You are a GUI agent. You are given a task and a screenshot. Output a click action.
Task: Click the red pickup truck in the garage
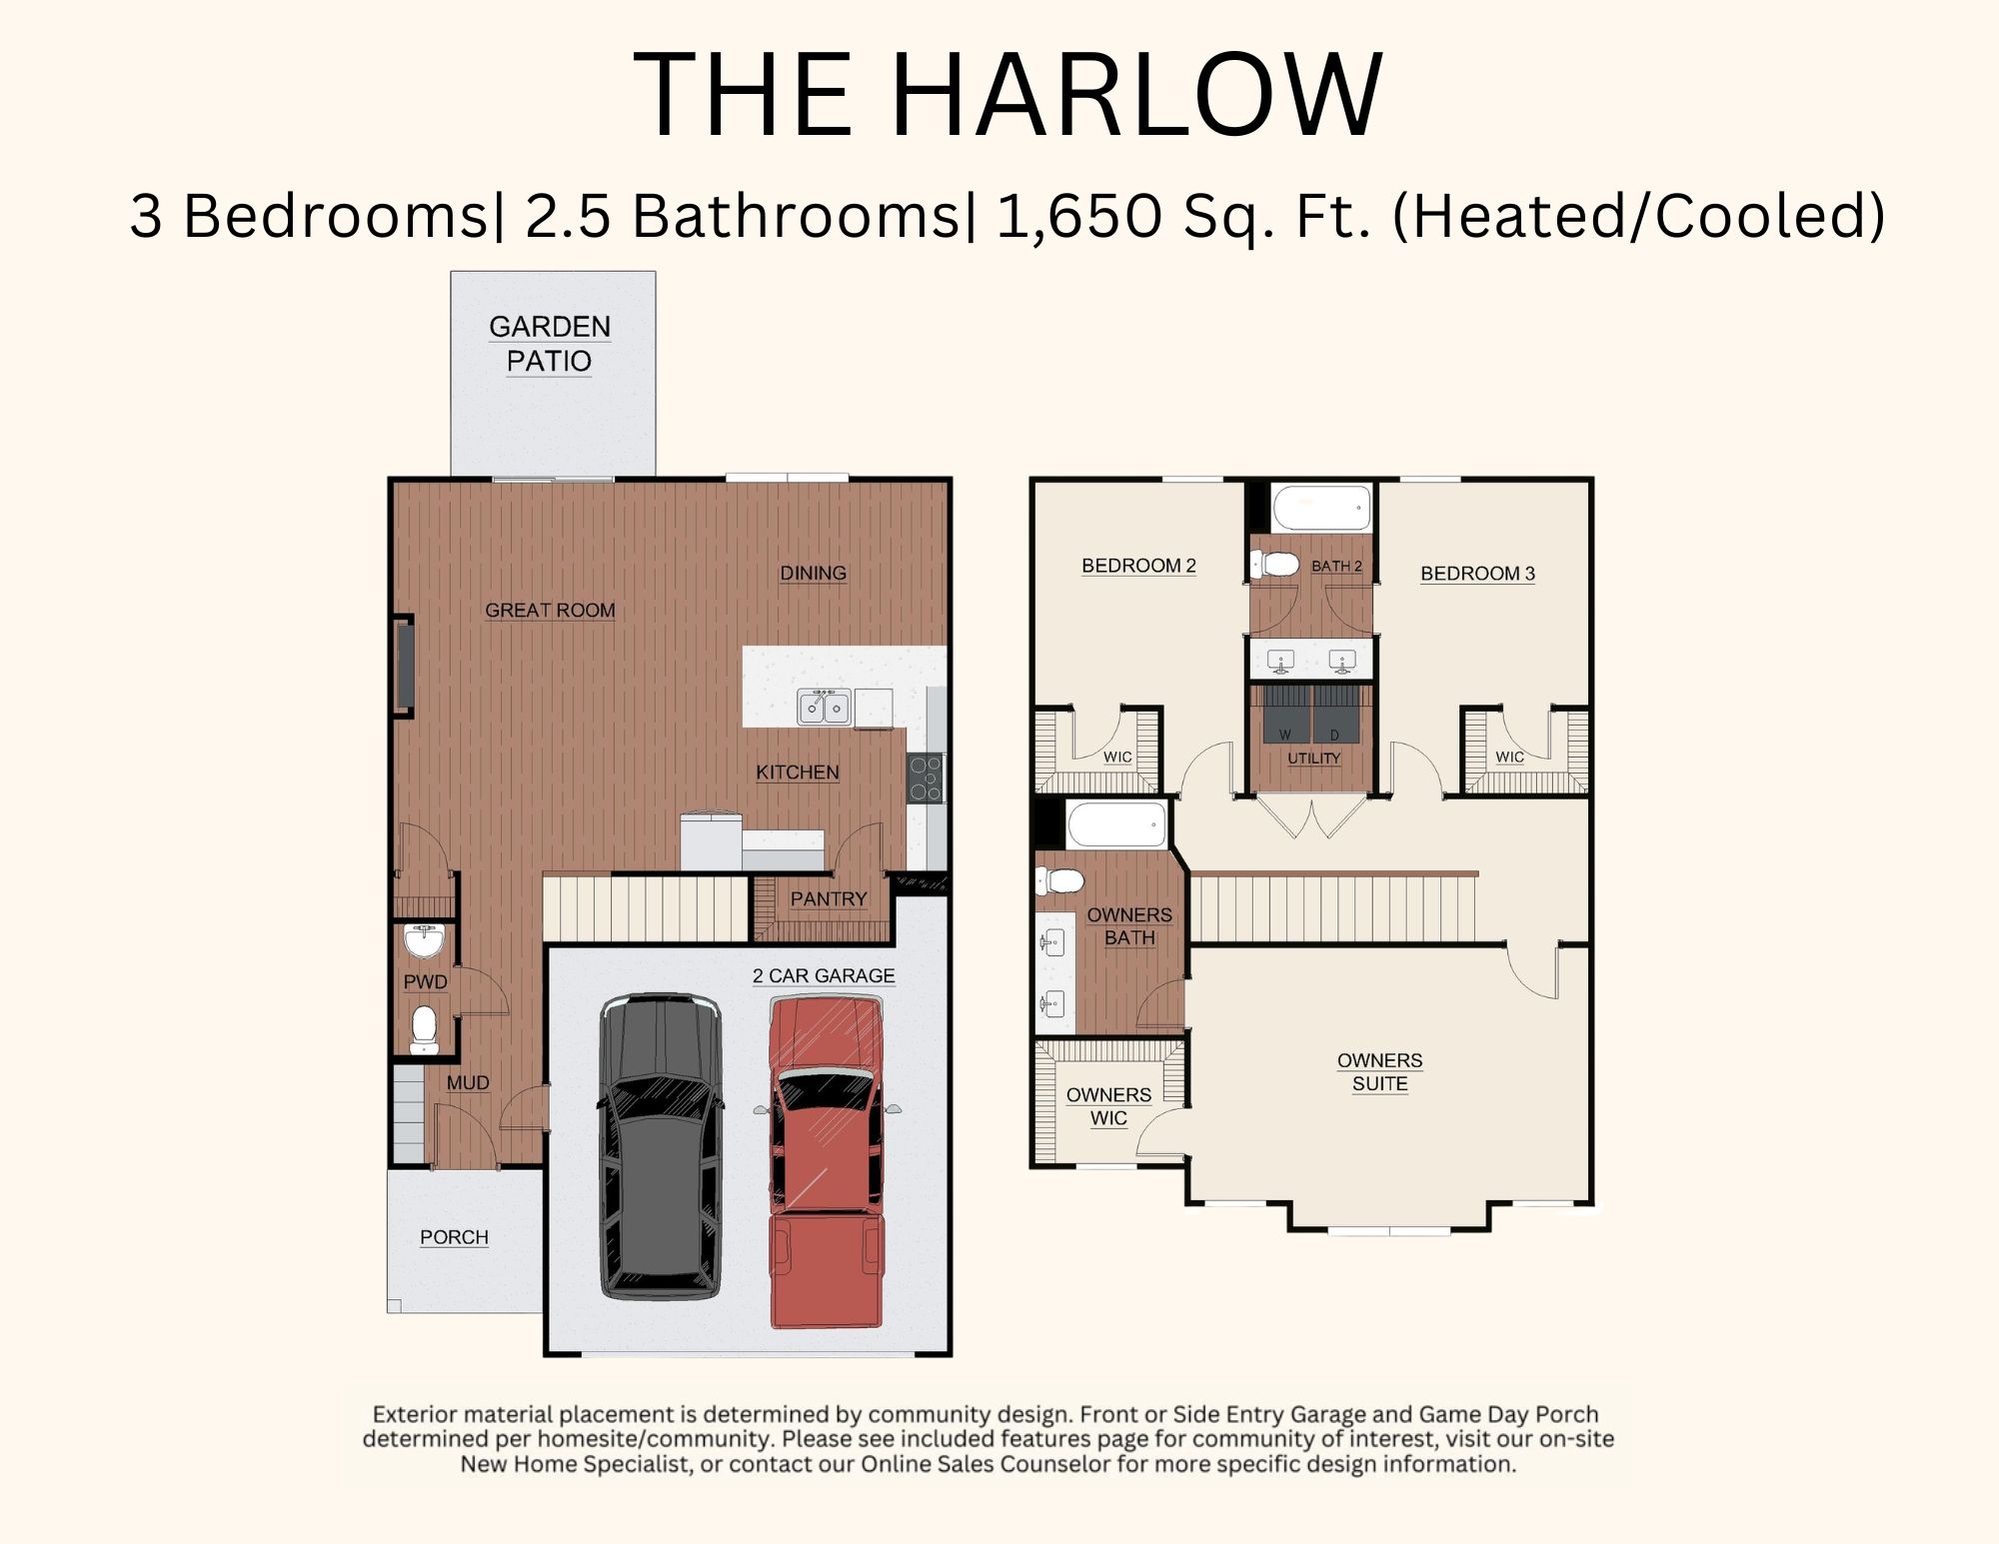[x=827, y=1161]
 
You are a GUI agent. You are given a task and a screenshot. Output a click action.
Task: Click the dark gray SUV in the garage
[x=661, y=1146]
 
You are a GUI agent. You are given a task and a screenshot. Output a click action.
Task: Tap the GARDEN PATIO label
[x=550, y=344]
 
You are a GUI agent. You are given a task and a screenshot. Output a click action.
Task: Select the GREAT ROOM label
[x=550, y=611]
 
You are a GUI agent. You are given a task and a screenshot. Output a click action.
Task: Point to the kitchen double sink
[x=824, y=707]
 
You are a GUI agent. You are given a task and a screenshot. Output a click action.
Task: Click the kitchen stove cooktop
[x=926, y=778]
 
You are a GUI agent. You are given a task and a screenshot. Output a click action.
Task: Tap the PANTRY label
[x=829, y=899]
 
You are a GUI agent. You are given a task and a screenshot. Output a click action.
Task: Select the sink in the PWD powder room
[x=424, y=940]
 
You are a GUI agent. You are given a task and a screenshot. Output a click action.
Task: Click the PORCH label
[x=454, y=1237]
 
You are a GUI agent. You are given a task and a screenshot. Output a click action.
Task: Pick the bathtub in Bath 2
[x=1322, y=509]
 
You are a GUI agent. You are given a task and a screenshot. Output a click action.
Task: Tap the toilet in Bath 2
[x=1274, y=565]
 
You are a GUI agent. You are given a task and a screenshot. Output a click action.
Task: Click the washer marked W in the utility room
[x=1285, y=714]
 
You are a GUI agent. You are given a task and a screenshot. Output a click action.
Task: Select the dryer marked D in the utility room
[x=1336, y=714]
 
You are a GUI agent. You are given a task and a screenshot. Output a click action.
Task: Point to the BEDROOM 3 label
[x=1477, y=574]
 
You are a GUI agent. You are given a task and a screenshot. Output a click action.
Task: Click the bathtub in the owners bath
[x=1117, y=824]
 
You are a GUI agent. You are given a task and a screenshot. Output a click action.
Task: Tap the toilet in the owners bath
[x=1060, y=881]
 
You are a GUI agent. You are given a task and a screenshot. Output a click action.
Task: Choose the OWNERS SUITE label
[x=1379, y=1072]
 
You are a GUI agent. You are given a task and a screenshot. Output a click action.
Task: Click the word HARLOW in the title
[x=1135, y=95]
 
